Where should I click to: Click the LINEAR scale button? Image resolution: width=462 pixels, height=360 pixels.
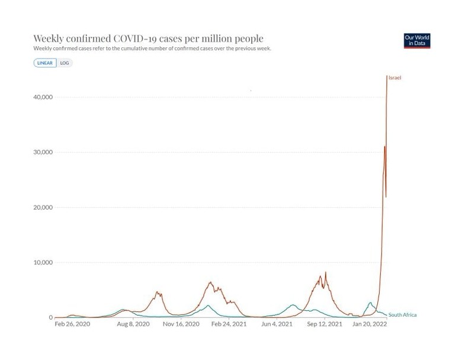click(45, 63)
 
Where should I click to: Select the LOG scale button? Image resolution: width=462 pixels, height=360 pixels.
click(65, 63)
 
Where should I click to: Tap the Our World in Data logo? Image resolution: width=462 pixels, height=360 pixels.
click(417, 41)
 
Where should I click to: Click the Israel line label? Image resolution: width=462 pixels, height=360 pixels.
click(395, 78)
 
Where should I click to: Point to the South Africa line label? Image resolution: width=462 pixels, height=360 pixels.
click(403, 315)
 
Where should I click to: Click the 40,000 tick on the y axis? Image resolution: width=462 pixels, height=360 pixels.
click(43, 97)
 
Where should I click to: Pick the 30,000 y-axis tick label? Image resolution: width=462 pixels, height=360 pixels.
click(43, 152)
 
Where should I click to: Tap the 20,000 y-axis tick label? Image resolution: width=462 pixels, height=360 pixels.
click(43, 207)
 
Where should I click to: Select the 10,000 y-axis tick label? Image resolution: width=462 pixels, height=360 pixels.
click(43, 262)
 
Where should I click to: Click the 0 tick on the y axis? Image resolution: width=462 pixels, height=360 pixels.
click(51, 317)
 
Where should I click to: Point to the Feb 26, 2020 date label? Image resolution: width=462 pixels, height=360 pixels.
click(72, 324)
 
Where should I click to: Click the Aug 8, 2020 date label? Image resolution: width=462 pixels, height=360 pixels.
click(133, 324)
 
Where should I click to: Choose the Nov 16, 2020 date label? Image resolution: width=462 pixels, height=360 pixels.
click(181, 324)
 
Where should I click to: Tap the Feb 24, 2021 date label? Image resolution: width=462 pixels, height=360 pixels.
click(229, 324)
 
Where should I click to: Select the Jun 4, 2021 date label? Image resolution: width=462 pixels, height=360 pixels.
click(277, 324)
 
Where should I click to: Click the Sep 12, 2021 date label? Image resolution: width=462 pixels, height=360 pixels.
click(325, 324)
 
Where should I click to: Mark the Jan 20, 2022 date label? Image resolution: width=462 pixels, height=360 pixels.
click(370, 324)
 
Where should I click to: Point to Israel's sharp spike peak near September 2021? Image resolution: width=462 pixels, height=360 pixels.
click(326, 272)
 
